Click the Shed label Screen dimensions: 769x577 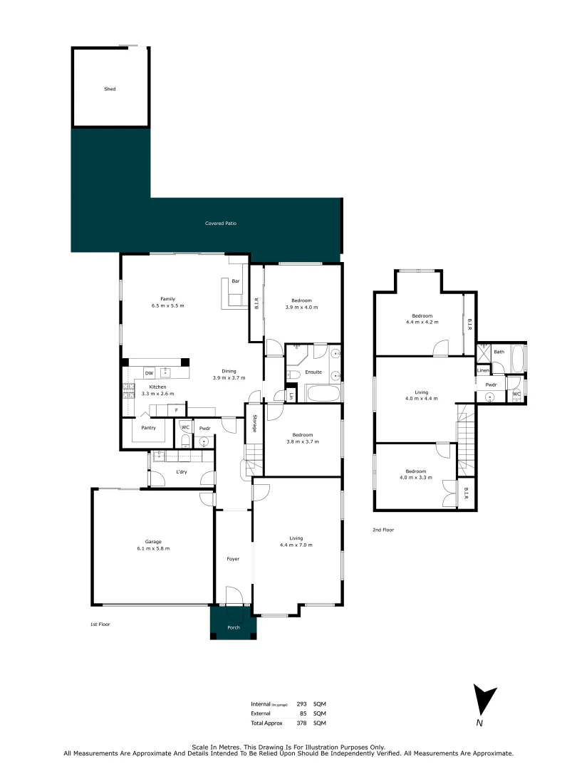(110, 89)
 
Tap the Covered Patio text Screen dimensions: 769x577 (220, 224)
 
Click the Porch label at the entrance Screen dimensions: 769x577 (233, 627)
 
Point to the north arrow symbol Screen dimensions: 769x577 (484, 702)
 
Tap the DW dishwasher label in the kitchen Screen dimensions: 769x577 (149, 373)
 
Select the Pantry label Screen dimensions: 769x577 (148, 428)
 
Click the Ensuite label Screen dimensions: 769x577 (313, 372)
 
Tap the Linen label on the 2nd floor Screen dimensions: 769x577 (483, 370)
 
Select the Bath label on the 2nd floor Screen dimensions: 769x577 (499, 352)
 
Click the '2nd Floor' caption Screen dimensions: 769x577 (383, 530)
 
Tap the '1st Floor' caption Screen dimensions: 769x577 (100, 624)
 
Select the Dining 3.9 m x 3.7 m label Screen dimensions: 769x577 (229, 375)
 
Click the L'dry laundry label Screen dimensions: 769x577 (181, 473)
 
